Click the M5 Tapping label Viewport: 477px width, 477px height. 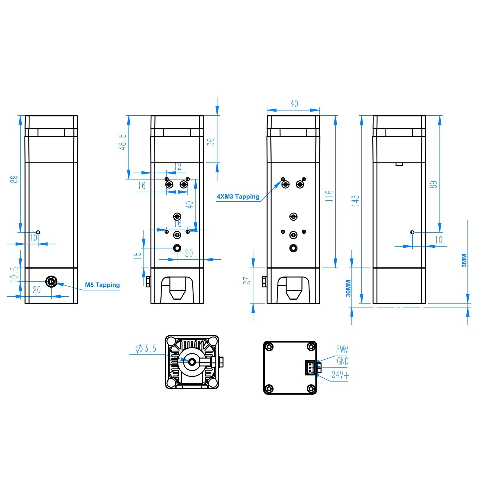point(102,285)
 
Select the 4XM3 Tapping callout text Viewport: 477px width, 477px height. point(238,196)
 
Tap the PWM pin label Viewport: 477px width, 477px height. point(342,349)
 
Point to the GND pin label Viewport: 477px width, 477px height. point(343,361)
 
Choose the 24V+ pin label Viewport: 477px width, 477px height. point(340,375)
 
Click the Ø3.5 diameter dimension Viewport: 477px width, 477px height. point(146,349)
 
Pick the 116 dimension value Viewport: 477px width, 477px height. point(329,196)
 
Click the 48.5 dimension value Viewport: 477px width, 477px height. point(123,142)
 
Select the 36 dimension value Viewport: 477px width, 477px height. point(211,142)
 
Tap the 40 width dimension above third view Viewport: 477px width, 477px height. point(294,104)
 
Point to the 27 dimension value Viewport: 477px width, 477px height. point(247,281)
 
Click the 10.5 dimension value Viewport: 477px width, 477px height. point(14,274)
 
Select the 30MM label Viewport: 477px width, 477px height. point(348,288)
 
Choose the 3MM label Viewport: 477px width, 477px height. point(464,261)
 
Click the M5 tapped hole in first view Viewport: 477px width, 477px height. point(51,281)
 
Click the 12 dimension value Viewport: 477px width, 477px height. point(178,166)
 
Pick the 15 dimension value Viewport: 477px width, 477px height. point(137,255)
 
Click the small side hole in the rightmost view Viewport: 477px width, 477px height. point(412,232)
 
